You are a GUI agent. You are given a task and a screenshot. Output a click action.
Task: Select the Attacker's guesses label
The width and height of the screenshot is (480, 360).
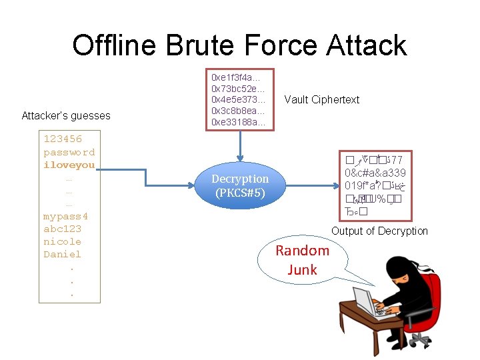click(66, 116)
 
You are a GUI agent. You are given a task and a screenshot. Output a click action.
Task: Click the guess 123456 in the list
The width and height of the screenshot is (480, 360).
click(63, 139)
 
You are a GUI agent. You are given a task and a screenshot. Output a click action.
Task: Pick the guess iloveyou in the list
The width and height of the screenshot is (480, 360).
click(69, 165)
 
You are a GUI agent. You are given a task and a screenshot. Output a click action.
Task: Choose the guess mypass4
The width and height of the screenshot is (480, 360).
click(65, 216)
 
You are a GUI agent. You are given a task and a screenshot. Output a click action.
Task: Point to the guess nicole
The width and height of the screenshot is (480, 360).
click(62, 241)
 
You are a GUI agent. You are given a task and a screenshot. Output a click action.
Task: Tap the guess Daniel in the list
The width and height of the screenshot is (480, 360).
click(62, 254)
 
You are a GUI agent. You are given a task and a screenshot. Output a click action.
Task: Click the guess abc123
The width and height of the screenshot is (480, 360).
click(62, 229)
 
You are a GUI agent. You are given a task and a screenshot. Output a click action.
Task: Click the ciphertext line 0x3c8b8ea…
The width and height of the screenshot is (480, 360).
click(238, 111)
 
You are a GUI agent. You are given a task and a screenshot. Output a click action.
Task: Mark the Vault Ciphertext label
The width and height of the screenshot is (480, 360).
click(321, 100)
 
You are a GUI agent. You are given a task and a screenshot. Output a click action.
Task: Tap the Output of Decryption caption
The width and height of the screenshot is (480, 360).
click(379, 231)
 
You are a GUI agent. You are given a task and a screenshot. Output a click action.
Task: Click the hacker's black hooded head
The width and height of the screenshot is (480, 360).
click(399, 271)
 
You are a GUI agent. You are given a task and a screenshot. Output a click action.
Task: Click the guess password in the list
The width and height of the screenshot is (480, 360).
click(69, 152)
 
